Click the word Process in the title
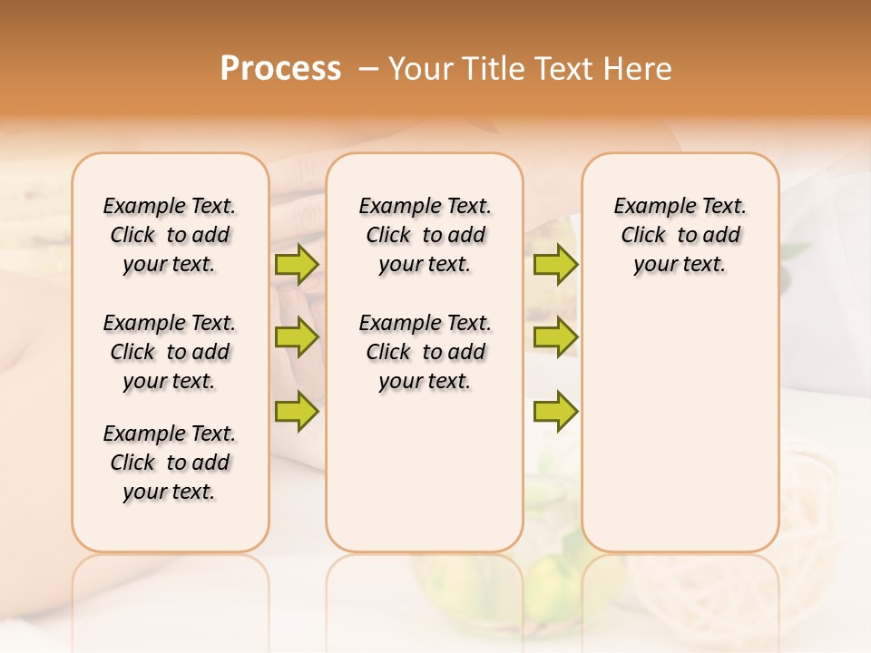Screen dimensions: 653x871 [280, 69]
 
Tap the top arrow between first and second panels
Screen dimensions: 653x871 [297, 264]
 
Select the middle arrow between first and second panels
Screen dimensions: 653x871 [297, 337]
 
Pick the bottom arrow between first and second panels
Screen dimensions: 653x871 [297, 411]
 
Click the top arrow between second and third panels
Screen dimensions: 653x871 [555, 264]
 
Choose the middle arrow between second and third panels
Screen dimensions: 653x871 [555, 337]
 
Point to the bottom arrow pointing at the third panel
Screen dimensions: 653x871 [555, 411]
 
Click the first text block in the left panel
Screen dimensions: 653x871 [170, 235]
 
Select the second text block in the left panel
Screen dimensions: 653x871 [170, 352]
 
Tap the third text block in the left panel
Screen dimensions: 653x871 [170, 463]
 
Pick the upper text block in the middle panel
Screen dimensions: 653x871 [425, 235]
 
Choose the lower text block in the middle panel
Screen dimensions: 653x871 [425, 352]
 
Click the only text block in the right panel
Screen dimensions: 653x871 [680, 235]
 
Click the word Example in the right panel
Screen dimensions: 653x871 [648, 207]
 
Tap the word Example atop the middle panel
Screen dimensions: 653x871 [393, 207]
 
